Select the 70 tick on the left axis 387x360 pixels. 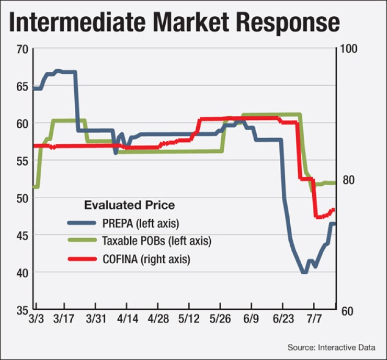20,50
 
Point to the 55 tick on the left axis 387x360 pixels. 20,161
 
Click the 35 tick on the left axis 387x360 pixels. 20,310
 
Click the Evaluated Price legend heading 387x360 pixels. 129,205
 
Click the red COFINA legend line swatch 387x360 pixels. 82,259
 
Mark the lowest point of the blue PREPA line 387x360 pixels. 304,273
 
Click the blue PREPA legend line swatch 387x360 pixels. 82,223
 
